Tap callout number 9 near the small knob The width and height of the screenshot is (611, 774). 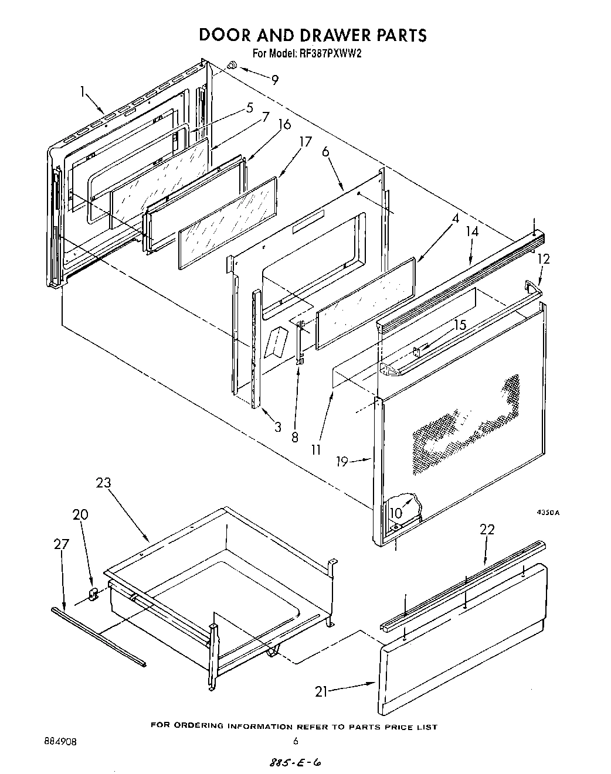pyautogui.click(x=274, y=80)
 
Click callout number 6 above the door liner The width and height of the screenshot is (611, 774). pyautogui.click(x=325, y=151)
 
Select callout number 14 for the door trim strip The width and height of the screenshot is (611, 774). pyautogui.click(x=472, y=231)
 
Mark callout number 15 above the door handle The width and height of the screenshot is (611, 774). pyautogui.click(x=460, y=324)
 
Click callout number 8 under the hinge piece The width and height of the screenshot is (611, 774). pyautogui.click(x=295, y=437)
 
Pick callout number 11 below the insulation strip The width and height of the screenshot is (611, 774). pyautogui.click(x=317, y=450)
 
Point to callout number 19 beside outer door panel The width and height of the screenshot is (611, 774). pyautogui.click(x=343, y=461)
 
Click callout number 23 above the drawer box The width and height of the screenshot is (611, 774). pyautogui.click(x=103, y=483)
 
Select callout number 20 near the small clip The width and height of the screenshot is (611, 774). pyautogui.click(x=80, y=514)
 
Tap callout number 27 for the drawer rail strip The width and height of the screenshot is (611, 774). pyautogui.click(x=62, y=544)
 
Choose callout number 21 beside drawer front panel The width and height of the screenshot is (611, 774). pyautogui.click(x=321, y=691)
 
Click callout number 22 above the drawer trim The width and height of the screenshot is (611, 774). pyautogui.click(x=487, y=530)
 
